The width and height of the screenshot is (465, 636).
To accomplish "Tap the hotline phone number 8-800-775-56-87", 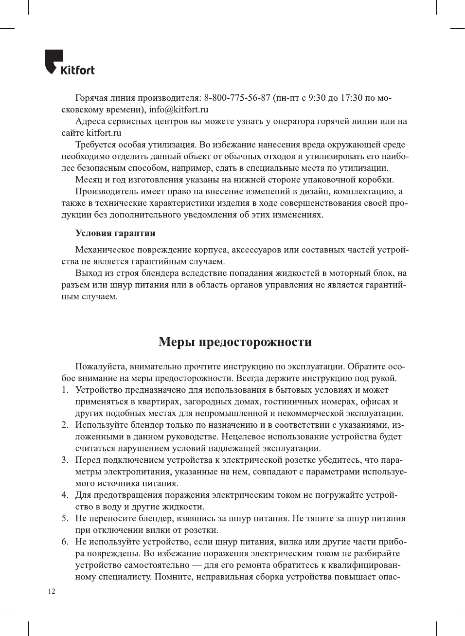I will pos(237,98).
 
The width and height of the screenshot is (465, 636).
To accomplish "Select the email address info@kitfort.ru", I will pos(179,109).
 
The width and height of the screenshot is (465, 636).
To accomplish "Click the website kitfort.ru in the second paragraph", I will pos(104,133).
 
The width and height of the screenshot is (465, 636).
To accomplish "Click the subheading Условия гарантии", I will pos(115,233).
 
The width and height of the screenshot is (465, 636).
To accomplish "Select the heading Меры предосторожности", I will pos(235,342).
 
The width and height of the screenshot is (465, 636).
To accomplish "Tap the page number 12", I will pos(52,592).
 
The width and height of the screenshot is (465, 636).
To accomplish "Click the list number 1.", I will pos(64,390).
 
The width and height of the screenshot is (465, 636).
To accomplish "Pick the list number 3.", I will pos(64,460).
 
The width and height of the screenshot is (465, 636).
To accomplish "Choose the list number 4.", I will pos(64,495).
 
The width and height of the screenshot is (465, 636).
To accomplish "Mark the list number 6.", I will pos(64,542).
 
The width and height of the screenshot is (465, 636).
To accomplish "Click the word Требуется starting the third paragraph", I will pos(99,145).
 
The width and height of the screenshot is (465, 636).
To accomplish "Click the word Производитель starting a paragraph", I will pos(110,191).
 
